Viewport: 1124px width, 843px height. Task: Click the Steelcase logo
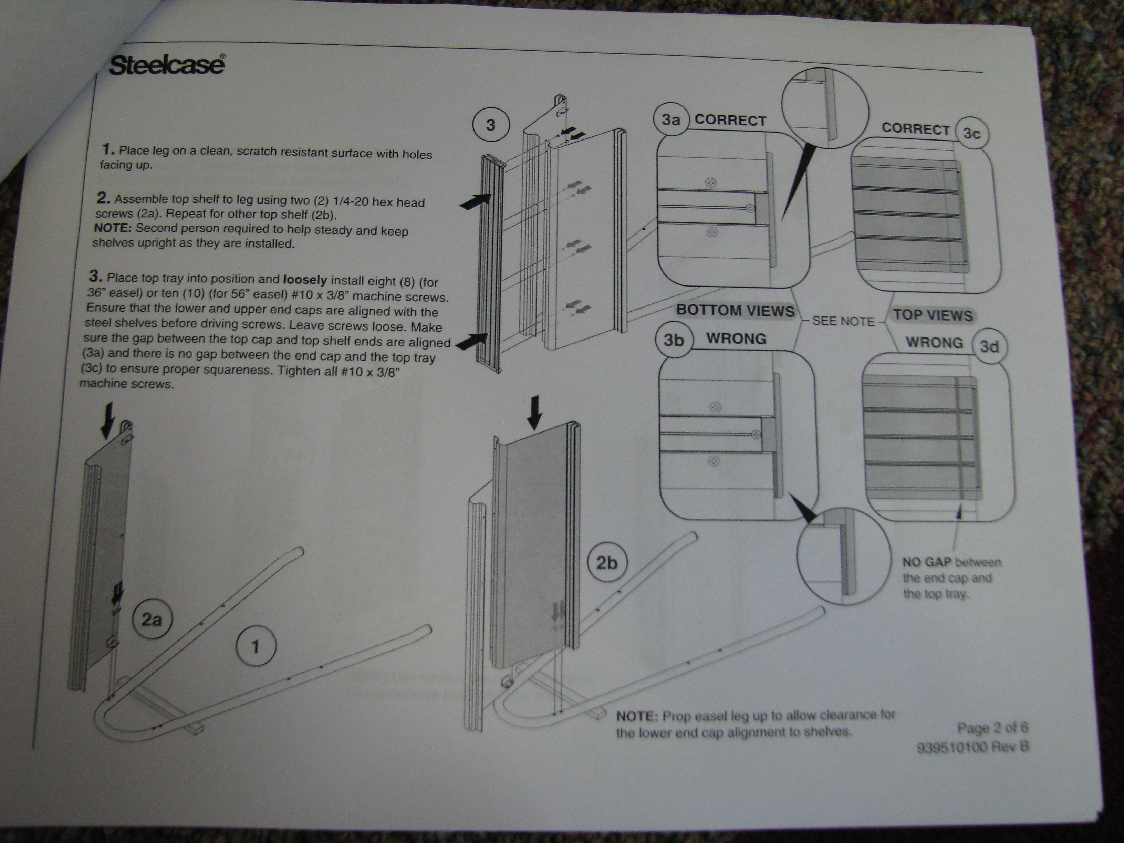[167, 65]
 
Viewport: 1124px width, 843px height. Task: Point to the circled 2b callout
[606, 562]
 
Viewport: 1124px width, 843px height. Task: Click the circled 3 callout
[490, 125]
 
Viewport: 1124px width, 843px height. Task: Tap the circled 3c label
[971, 133]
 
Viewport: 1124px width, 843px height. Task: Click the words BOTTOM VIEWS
[735, 311]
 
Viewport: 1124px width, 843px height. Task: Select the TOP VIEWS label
[933, 315]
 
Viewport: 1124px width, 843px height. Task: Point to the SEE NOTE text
[843, 321]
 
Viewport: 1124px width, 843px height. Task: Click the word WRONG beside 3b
[736, 339]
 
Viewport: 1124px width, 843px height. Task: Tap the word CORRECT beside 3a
[730, 121]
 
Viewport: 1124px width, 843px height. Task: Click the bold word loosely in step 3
[305, 280]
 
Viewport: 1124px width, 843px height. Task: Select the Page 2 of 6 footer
[992, 728]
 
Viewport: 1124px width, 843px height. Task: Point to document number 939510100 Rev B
[972, 747]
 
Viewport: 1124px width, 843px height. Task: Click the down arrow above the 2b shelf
[534, 413]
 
